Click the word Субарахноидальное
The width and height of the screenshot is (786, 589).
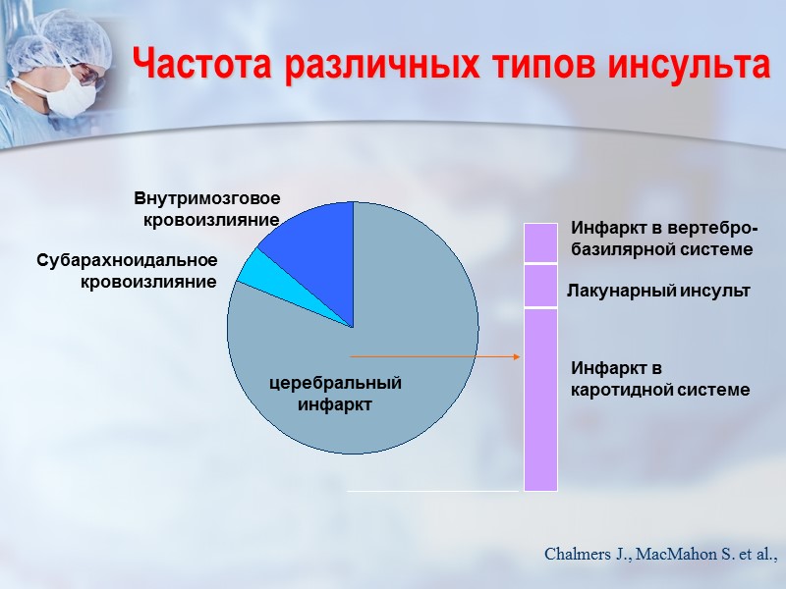coord(127,261)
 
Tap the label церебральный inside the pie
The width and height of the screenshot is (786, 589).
coord(336,382)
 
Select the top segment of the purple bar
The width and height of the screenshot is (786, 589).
coord(540,242)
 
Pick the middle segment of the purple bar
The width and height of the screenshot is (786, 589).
coord(540,286)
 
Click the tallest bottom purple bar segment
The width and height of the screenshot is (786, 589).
coord(540,399)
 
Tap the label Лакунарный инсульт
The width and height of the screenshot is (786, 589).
coord(659,292)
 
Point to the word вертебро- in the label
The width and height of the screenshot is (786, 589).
coord(708,229)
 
